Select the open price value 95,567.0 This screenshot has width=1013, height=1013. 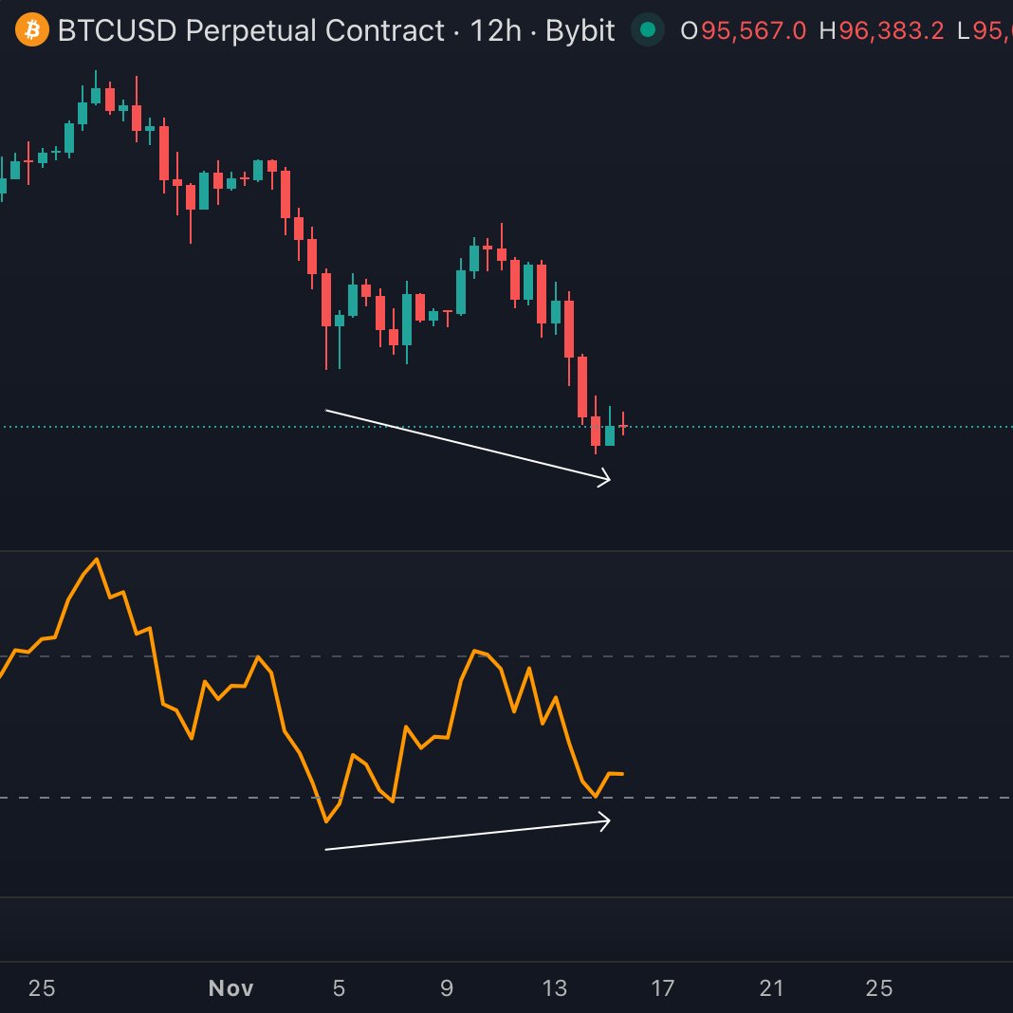click(754, 31)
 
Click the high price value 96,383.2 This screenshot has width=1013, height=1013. click(891, 31)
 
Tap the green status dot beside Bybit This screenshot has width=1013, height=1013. click(648, 30)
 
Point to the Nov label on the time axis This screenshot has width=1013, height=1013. click(230, 988)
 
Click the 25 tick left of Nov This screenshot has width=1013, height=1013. click(42, 988)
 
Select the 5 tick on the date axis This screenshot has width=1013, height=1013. click(339, 988)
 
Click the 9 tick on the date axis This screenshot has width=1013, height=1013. click(447, 988)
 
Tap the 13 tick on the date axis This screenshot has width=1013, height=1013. click(555, 988)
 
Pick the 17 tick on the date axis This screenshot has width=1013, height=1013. click(663, 988)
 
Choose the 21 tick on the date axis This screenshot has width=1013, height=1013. click(771, 988)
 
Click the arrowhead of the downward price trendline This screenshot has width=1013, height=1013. click(607, 481)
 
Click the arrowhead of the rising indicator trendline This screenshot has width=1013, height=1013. click(607, 820)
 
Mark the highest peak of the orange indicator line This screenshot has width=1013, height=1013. click(96, 559)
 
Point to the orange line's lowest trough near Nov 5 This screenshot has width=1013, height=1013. click(325, 821)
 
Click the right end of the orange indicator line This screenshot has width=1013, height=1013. click(622, 774)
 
